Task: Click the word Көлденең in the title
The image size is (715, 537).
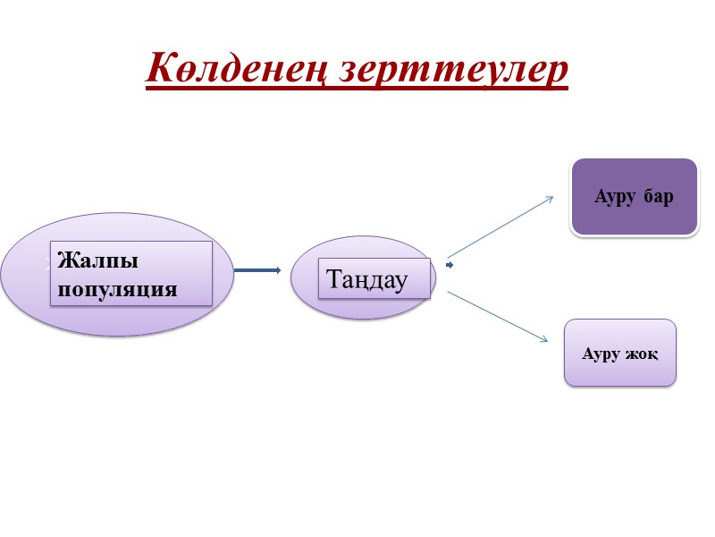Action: (239, 69)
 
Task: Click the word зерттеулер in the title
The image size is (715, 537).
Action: (454, 69)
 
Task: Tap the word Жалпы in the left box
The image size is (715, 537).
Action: (97, 261)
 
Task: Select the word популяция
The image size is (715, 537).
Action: (116, 289)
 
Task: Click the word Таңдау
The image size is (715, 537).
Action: (367, 280)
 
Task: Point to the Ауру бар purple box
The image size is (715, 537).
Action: (635, 197)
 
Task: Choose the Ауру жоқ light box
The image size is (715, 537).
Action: (619, 353)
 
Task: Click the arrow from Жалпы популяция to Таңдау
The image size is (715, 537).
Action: (257, 269)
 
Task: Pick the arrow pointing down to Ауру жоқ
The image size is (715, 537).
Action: (497, 316)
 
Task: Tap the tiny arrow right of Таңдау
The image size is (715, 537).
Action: (450, 266)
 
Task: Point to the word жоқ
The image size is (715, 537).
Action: (643, 353)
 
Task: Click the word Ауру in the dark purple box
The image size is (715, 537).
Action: (614, 196)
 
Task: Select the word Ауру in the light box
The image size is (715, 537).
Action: (601, 353)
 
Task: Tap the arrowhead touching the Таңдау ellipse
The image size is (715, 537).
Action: (278, 269)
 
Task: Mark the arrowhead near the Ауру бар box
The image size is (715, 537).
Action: (551, 198)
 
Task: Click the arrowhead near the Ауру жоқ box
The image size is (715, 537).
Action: (543, 339)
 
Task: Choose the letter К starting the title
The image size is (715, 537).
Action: (159, 69)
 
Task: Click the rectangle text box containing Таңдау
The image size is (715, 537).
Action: (375, 278)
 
